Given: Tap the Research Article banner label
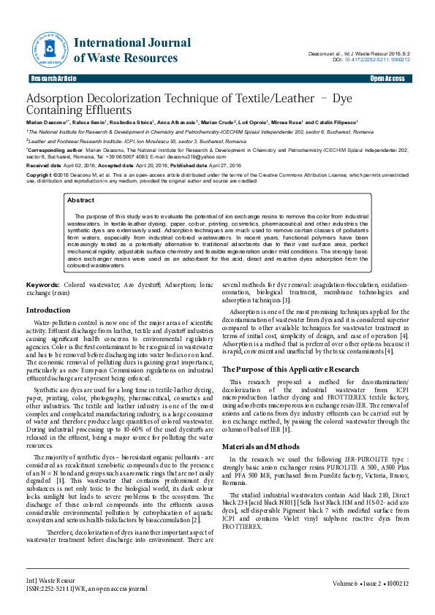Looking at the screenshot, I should (x=53, y=78).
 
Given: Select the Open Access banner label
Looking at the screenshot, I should (x=387, y=78).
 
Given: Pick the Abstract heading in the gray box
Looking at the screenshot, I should (x=80, y=199).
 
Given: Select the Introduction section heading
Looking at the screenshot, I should (x=48, y=310).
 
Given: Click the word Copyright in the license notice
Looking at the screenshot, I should (x=41, y=176).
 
